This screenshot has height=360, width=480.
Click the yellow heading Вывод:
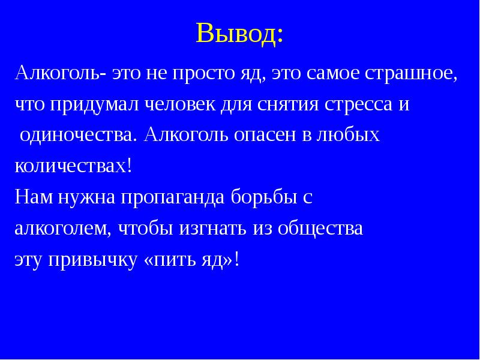[239, 33]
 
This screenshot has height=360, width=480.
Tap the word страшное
[409, 73]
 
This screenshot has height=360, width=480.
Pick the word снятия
[287, 104]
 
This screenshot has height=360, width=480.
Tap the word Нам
[34, 197]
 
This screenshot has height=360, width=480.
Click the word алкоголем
[61, 227]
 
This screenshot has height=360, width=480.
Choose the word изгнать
[213, 229]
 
